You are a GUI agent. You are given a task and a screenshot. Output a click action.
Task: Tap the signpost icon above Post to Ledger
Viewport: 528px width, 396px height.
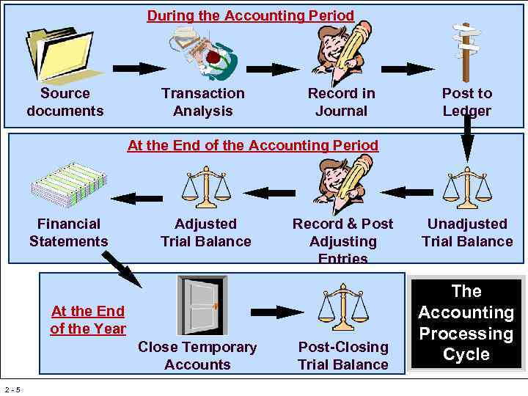point(466,51)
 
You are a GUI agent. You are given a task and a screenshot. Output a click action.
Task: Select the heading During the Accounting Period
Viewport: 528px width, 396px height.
point(250,15)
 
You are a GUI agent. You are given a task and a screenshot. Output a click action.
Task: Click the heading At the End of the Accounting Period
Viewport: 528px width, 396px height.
point(253,145)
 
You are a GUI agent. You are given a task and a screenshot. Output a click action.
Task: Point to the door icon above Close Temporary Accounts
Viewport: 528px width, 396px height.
point(202,306)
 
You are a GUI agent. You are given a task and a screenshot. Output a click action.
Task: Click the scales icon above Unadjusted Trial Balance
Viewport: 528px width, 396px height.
point(467,189)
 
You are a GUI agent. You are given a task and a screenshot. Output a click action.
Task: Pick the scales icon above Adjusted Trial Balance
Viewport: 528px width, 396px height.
point(206,188)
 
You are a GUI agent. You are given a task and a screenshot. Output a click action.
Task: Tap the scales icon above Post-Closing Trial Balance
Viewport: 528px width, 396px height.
point(342,308)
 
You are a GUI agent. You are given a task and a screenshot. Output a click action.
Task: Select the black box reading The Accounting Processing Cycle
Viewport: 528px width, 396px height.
point(466,323)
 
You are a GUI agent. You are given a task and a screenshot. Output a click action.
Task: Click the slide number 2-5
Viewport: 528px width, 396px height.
point(12,389)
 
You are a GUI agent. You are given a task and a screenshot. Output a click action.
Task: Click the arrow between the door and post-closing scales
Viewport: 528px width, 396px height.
point(278,312)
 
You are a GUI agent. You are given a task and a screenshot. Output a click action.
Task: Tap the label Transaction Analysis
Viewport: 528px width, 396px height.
point(203,102)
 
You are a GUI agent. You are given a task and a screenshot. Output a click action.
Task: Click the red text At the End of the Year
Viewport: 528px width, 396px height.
point(88,320)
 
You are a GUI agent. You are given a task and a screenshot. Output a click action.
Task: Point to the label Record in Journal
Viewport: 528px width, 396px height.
point(341,102)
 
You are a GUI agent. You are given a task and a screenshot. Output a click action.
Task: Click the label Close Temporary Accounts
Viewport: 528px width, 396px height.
point(197,356)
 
